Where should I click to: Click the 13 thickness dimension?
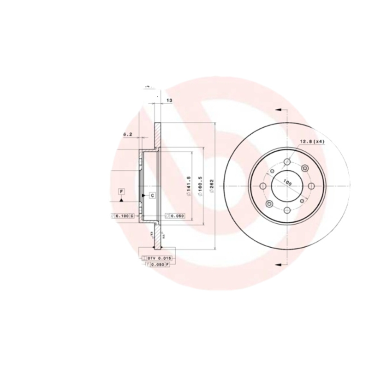[x=169, y=100]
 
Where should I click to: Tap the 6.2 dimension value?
[x=128, y=134]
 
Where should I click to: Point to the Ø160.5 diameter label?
[x=200, y=185]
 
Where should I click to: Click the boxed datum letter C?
[x=152, y=196]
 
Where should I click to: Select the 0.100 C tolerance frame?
[x=123, y=216]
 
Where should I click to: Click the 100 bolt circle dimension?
[x=287, y=182]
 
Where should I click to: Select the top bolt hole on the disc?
[x=287, y=162]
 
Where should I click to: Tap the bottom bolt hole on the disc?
[x=287, y=210]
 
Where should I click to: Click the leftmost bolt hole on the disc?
[x=263, y=186]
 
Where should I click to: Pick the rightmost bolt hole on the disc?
[x=311, y=186]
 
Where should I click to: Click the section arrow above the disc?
[x=278, y=110]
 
